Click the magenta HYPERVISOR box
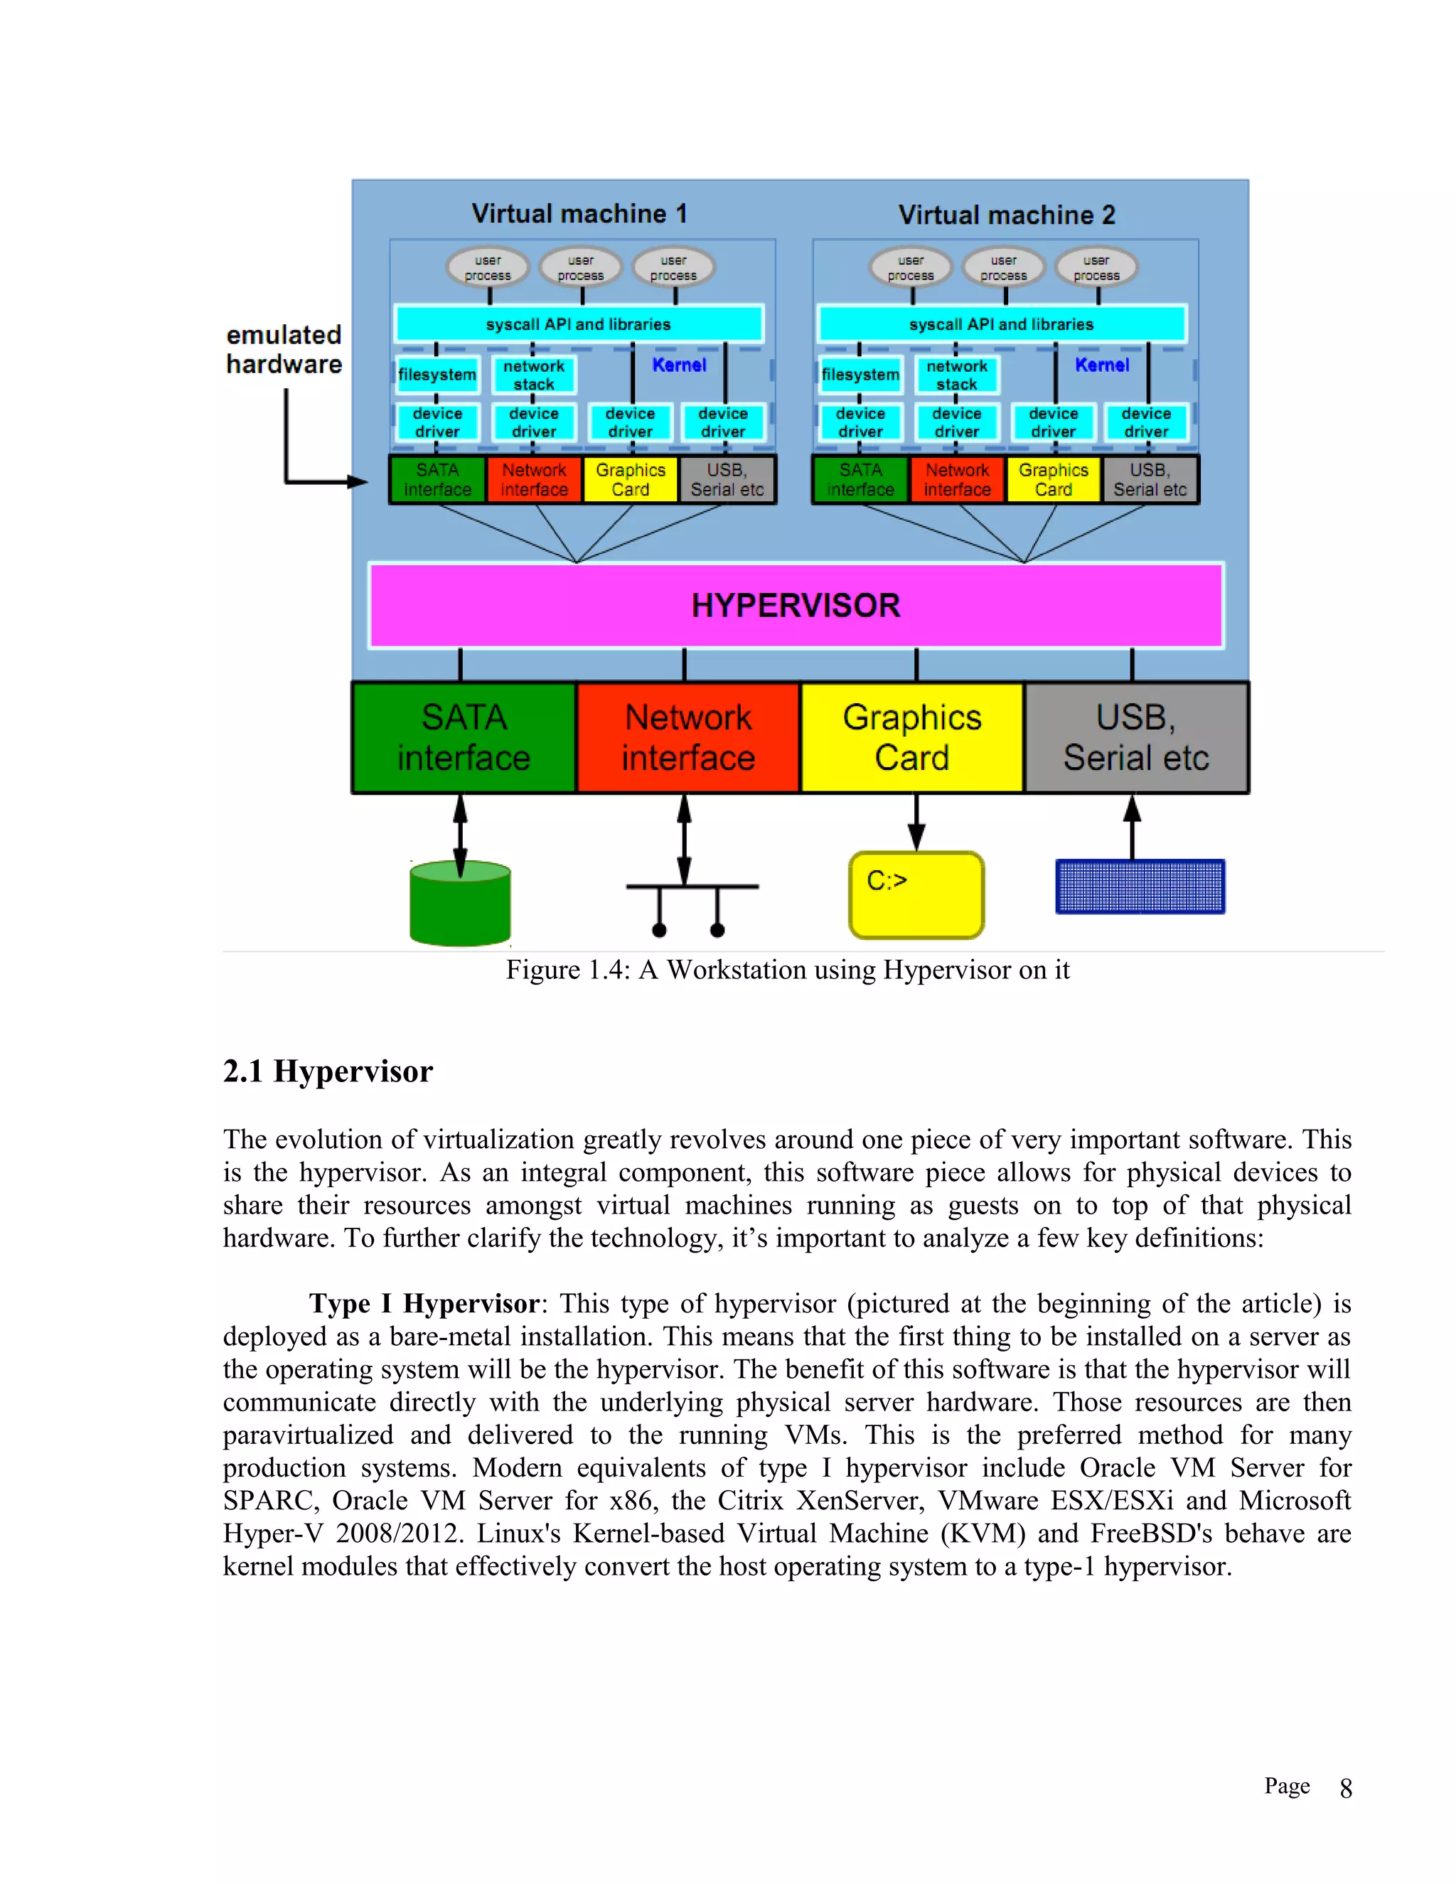tap(796, 606)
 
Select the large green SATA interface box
tap(464, 737)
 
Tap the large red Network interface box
tap(687, 737)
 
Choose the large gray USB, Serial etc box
tap(1136, 737)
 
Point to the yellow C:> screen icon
tap(916, 895)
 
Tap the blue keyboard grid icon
tap(1140, 886)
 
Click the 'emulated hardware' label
tap(284, 349)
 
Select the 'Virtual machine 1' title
tap(579, 213)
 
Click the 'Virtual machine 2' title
tap(1007, 215)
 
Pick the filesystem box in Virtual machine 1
tap(437, 375)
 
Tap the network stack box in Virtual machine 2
tap(957, 375)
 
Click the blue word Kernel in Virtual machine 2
tap(1101, 365)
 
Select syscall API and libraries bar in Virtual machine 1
tap(578, 324)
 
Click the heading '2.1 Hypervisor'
tap(328, 1071)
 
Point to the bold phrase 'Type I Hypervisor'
tap(424, 1303)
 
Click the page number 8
tap(1346, 1789)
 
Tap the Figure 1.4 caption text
tap(787, 970)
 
